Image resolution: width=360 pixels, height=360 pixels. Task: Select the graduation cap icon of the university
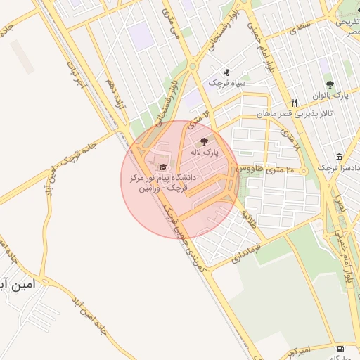(x=165, y=167)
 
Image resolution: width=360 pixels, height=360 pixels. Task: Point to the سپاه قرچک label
(x=226, y=82)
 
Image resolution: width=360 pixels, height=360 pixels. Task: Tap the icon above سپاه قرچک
(x=226, y=72)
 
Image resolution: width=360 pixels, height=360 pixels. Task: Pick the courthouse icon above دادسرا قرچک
(x=340, y=157)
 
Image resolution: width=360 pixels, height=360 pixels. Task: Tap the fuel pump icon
(x=341, y=349)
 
